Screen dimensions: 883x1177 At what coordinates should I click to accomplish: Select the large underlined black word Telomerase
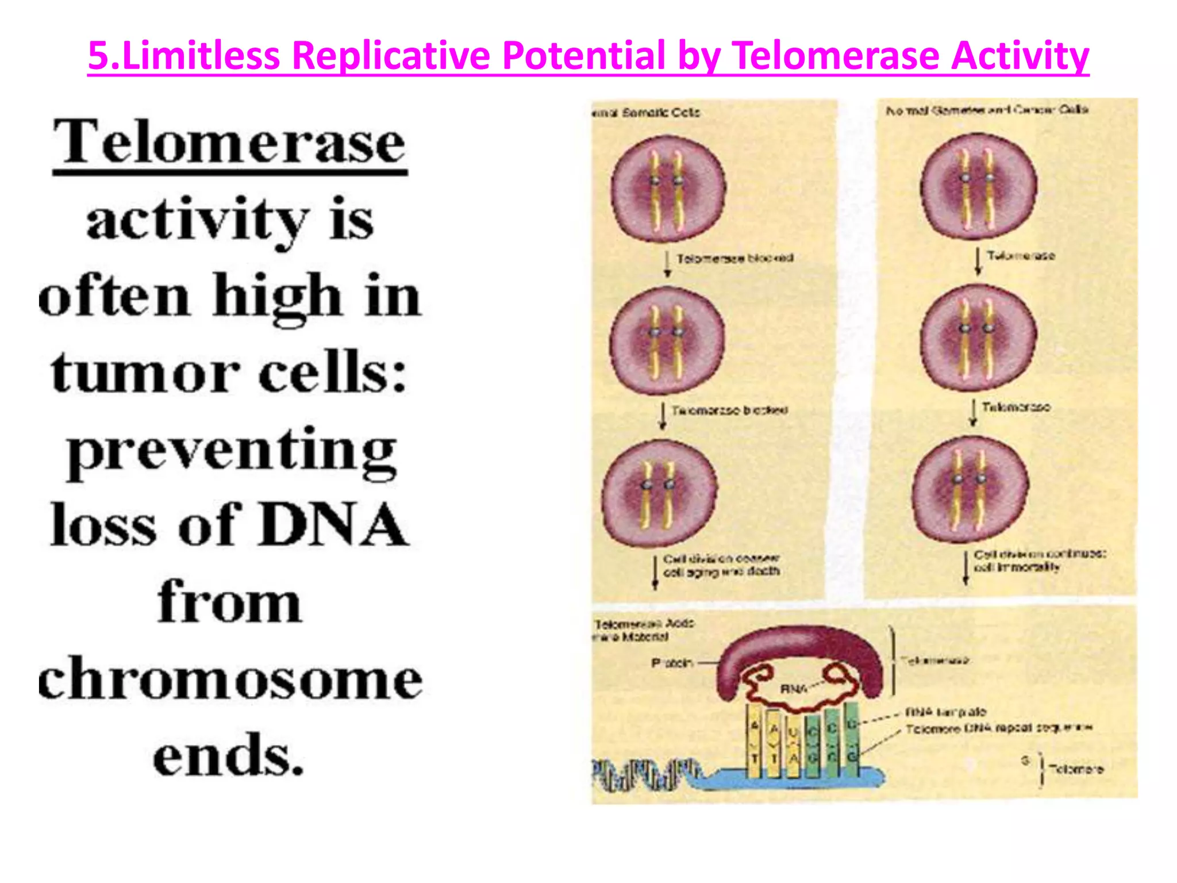coord(230,143)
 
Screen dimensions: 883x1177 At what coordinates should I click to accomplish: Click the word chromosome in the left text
coord(230,679)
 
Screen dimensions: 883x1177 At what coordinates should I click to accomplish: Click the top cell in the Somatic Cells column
coord(668,188)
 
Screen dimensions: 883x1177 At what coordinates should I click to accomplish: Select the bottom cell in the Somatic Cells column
coord(659,493)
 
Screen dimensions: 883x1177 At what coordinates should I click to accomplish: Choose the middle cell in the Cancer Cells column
coord(978,337)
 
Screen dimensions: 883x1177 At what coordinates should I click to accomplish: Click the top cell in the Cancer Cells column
coord(979,185)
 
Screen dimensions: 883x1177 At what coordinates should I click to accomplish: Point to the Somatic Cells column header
coord(647,112)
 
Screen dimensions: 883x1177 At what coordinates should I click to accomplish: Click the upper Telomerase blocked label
coord(734,258)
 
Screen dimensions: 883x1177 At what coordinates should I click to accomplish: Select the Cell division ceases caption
coord(721,565)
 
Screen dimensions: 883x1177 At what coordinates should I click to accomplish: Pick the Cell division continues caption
coord(1039,560)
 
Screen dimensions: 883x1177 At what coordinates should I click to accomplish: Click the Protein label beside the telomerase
coord(671,663)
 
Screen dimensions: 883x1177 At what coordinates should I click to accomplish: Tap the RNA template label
coord(945,712)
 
